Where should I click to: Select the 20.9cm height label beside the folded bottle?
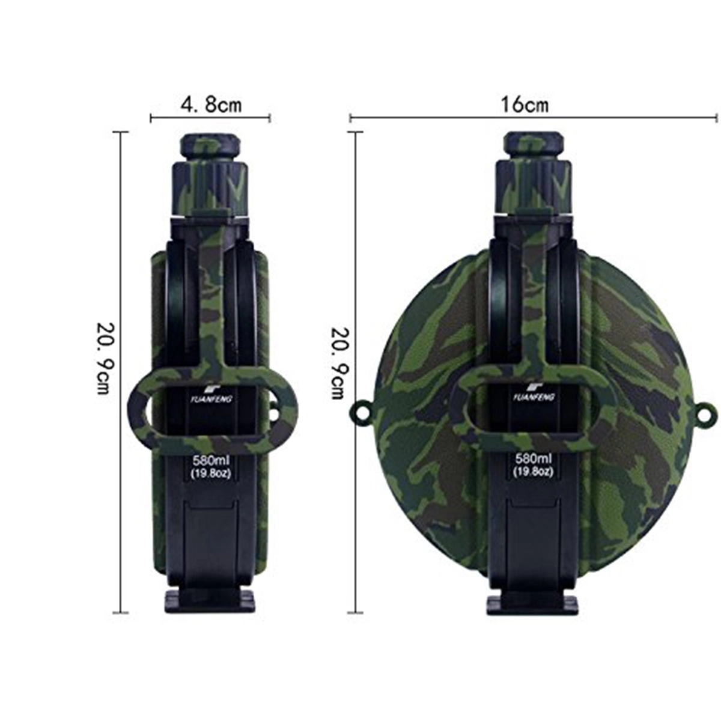coord(103,358)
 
